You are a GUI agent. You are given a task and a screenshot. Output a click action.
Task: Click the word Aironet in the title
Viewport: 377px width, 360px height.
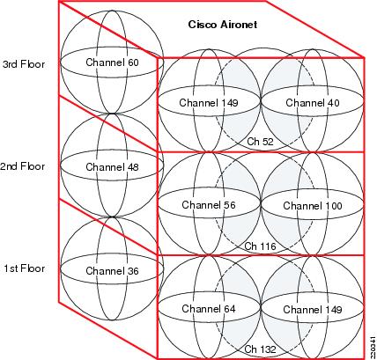[239, 25]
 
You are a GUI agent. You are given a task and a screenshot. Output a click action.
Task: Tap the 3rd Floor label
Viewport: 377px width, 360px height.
[24, 64]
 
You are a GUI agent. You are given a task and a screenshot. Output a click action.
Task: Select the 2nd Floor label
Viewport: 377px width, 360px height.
[23, 166]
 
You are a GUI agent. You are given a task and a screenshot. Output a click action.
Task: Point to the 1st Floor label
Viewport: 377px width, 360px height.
[25, 268]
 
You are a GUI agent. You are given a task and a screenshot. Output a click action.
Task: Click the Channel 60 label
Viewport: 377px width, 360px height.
[112, 62]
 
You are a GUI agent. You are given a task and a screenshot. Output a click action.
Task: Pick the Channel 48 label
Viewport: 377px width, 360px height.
[112, 167]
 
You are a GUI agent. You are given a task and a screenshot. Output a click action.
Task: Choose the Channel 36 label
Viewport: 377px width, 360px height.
[112, 271]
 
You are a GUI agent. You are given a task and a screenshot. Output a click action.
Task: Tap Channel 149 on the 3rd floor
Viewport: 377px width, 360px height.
[209, 103]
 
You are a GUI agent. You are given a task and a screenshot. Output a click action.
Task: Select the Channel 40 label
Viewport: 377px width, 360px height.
[313, 103]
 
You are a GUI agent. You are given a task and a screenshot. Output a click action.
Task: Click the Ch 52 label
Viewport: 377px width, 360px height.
[260, 142]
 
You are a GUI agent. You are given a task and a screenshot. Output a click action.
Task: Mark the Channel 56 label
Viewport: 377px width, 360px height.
[209, 205]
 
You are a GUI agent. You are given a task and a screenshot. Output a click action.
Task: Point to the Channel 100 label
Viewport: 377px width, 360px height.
[313, 205]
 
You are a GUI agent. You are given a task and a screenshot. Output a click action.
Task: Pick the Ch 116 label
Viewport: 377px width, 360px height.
[260, 246]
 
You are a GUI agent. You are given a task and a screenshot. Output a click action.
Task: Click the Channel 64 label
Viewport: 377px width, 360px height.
[209, 309]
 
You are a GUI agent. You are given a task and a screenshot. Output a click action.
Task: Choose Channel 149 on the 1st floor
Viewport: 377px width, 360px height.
[313, 310]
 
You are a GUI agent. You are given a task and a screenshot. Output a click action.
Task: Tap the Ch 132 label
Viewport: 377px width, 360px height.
[260, 349]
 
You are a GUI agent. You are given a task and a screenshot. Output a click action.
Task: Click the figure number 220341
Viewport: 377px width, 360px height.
[373, 346]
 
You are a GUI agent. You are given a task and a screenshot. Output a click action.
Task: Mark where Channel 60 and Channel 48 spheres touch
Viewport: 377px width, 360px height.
[112, 114]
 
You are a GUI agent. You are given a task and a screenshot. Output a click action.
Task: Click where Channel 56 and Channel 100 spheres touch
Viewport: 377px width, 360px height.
[261, 203]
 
